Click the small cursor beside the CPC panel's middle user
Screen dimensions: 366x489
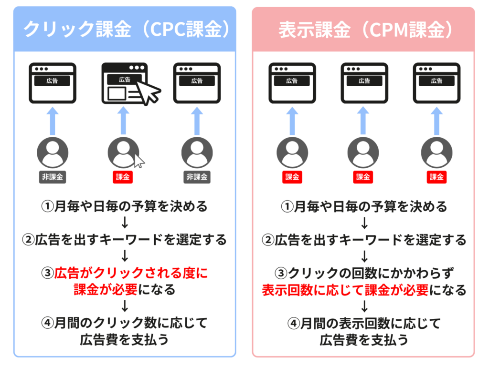point(139,161)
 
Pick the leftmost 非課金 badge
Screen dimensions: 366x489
point(53,177)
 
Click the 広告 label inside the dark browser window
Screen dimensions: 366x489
point(125,80)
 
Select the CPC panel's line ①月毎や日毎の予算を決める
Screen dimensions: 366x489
point(125,206)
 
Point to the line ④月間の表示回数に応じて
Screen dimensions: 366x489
point(364,324)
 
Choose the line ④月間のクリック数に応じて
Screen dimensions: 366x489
point(125,324)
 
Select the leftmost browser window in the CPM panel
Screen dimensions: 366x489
point(292,84)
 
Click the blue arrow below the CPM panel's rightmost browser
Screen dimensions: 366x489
point(436,121)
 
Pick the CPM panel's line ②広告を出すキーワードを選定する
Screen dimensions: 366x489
point(364,240)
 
